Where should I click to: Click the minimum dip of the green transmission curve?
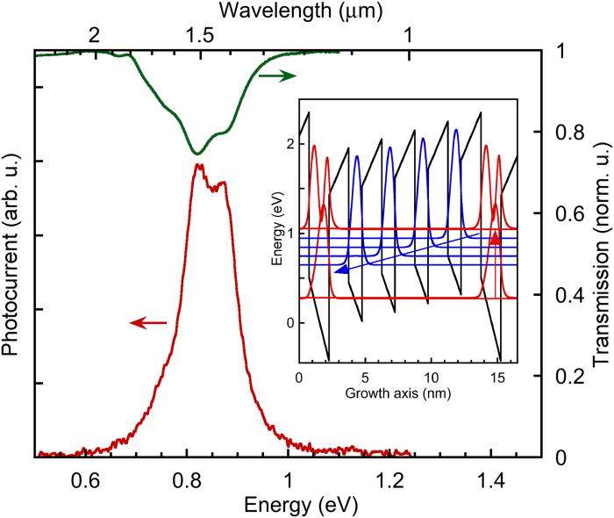[x=196, y=154]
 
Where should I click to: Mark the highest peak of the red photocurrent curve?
[x=199, y=164]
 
